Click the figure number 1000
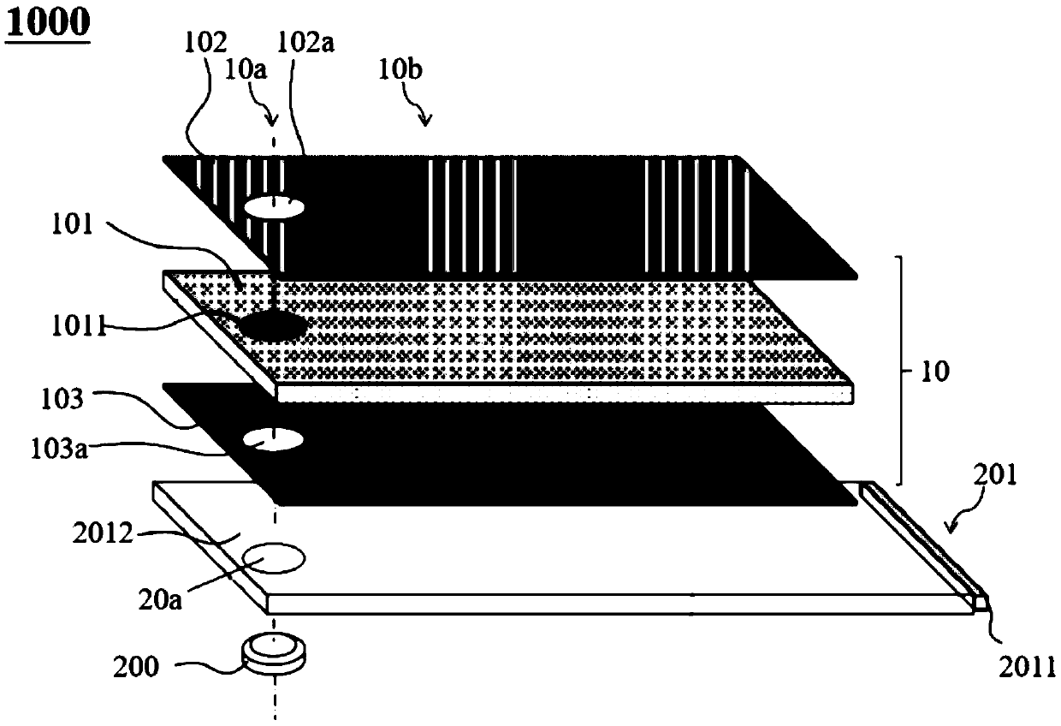(47, 22)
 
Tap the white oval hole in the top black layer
(275, 206)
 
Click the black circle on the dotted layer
(273, 326)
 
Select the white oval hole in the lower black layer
(273, 440)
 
